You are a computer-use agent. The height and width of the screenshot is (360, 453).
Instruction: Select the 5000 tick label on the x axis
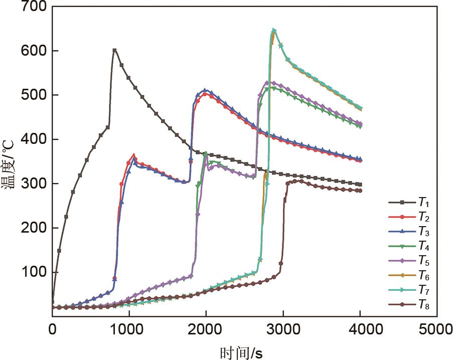pyautogui.click(x=437, y=329)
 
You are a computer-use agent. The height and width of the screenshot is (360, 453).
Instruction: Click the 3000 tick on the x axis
pyautogui.click(x=283, y=329)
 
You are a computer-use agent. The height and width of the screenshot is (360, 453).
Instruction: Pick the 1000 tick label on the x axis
pyautogui.click(x=129, y=329)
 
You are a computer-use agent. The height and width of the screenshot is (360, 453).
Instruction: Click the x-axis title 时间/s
pyautogui.click(x=241, y=352)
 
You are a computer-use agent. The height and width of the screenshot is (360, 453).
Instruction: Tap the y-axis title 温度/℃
pyautogui.click(x=11, y=165)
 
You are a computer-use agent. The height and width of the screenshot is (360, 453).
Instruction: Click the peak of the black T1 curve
pyautogui.click(x=114, y=50)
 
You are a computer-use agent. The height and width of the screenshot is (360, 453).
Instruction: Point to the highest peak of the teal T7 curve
pyautogui.click(x=274, y=31)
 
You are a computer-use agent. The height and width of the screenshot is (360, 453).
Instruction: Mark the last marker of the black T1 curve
pyautogui.click(x=360, y=185)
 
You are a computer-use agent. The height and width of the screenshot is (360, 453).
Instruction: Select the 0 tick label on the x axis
pyautogui.click(x=52, y=329)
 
